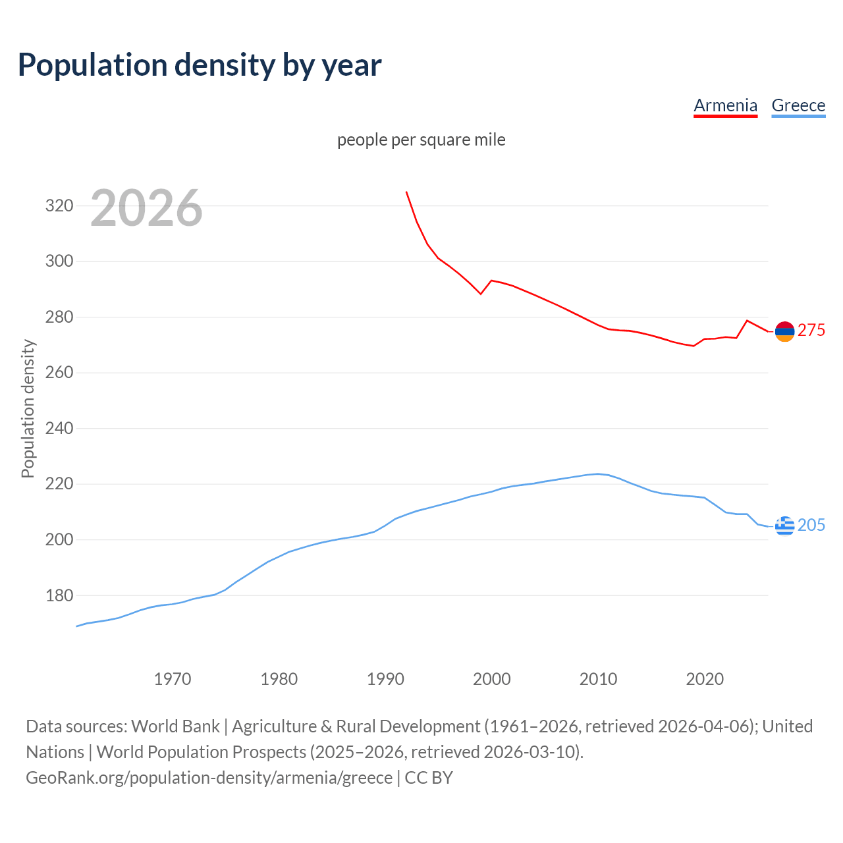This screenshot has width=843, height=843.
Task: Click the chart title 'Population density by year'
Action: [x=200, y=65]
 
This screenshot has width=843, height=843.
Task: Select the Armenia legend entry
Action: [x=725, y=105]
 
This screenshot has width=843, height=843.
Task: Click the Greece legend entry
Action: [x=798, y=105]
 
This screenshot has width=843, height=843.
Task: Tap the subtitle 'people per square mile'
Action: [x=421, y=140]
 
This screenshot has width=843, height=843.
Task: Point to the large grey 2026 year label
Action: [x=146, y=208]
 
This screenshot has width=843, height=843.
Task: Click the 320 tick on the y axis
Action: [x=59, y=205]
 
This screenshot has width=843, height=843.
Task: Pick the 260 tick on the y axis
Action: [x=59, y=373]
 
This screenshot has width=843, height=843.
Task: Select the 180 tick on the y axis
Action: [x=59, y=595]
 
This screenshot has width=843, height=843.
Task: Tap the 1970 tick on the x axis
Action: [x=173, y=678]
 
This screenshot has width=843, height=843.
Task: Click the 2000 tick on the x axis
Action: [x=491, y=678]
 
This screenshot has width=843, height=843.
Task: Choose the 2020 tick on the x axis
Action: [x=705, y=678]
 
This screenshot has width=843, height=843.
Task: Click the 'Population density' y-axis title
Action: [x=28, y=408]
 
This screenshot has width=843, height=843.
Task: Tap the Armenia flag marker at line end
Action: [x=784, y=332]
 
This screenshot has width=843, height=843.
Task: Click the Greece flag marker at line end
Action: [x=784, y=526]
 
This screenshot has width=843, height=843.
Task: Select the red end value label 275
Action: [x=811, y=330]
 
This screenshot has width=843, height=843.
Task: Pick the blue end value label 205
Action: [x=811, y=525]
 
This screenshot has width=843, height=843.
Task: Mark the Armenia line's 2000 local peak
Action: [x=491, y=281]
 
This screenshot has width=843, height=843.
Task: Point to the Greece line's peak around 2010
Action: [x=598, y=474]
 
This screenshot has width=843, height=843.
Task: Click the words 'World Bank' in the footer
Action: [x=175, y=726]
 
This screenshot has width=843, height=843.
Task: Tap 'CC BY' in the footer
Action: [x=429, y=777]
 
